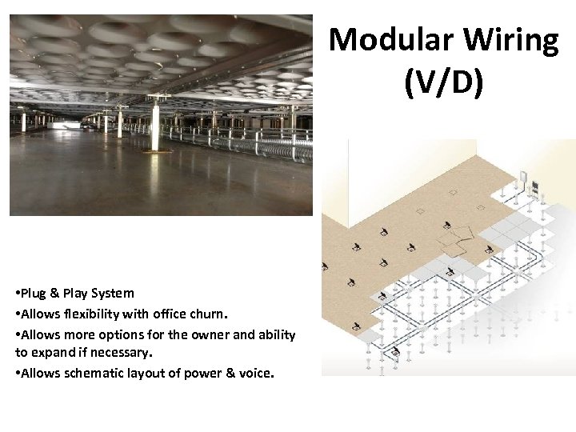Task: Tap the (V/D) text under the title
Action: [444, 84]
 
